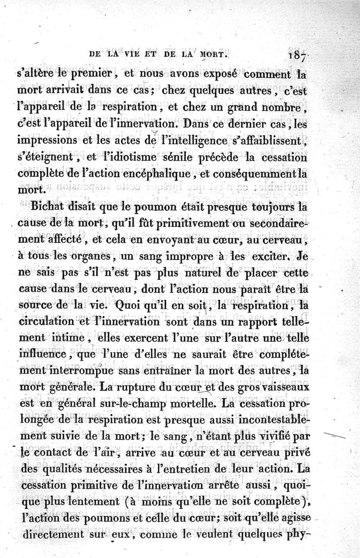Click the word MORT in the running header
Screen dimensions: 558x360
coord(211,57)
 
